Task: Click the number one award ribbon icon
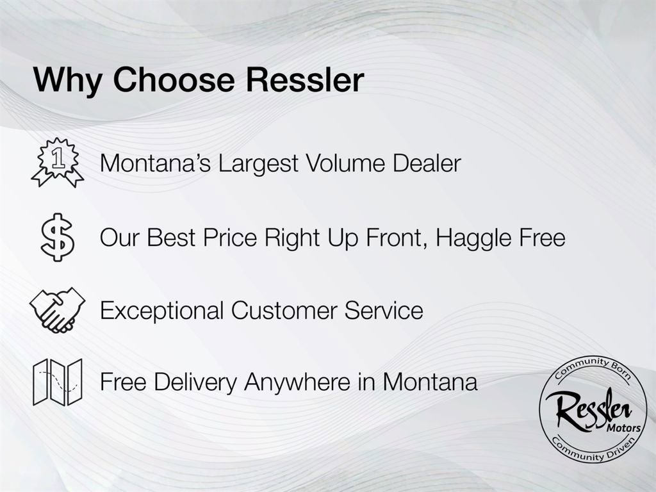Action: click(x=58, y=163)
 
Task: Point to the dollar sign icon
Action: click(x=58, y=237)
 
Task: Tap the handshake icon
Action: click(x=58, y=310)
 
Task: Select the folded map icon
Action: click(x=58, y=382)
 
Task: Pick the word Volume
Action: click(x=346, y=163)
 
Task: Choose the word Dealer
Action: click(x=428, y=163)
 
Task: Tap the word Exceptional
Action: click(x=162, y=311)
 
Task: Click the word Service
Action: click(x=384, y=311)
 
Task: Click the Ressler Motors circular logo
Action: click(x=593, y=409)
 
